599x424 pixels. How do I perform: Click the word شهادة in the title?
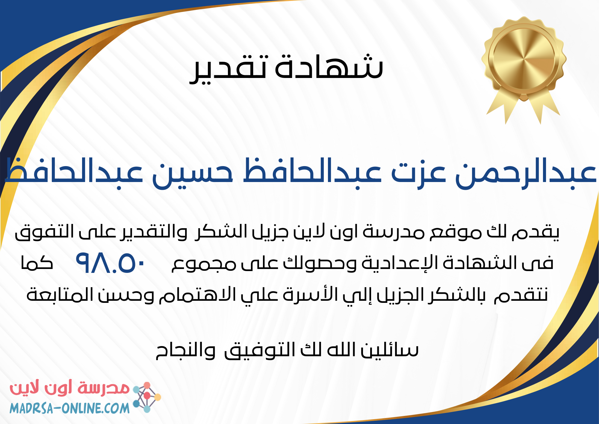329,67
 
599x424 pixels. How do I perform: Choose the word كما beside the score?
37,263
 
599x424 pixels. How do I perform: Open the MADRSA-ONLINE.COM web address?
69,408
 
